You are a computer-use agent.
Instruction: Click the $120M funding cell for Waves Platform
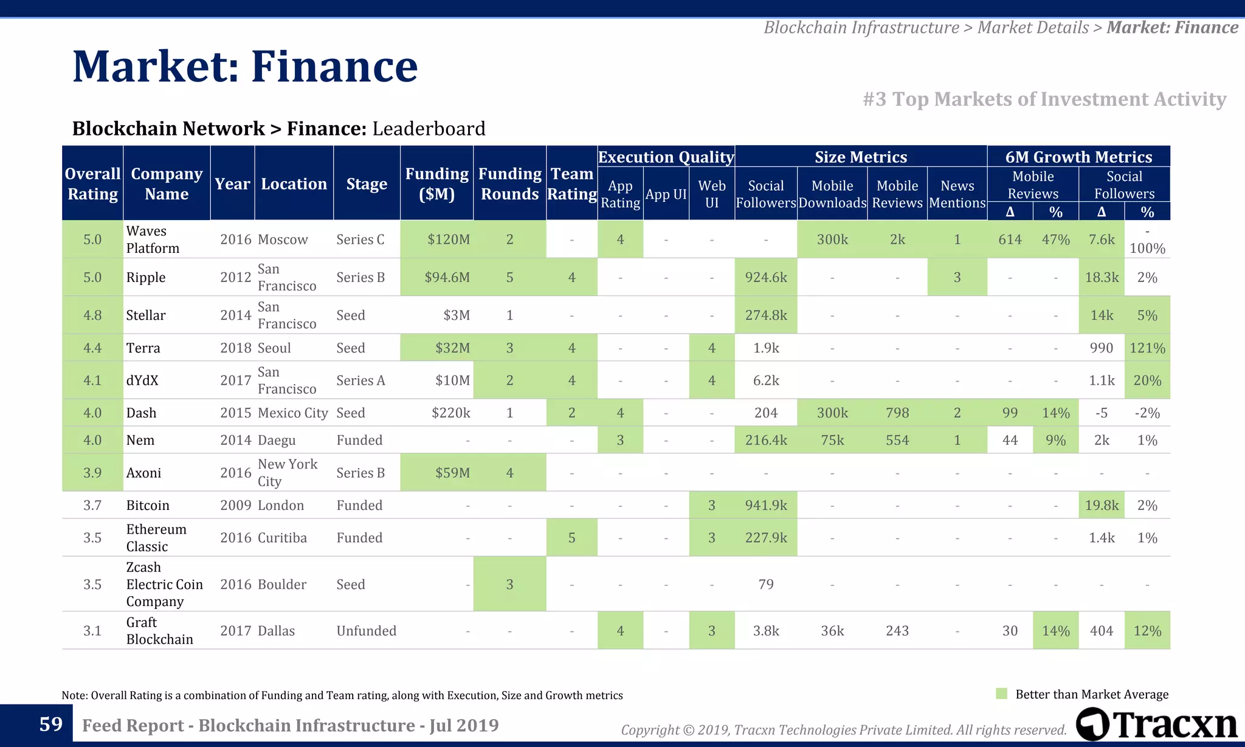(448, 239)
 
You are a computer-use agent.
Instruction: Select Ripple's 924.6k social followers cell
(766, 278)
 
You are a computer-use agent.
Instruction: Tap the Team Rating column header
(571, 184)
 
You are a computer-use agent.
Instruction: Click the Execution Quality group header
(666, 157)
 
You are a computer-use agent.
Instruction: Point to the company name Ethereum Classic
(156, 538)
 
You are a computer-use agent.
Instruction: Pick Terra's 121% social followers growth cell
(1147, 348)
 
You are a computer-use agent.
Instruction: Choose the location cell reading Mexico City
(292, 413)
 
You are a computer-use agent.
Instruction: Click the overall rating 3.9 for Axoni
(92, 473)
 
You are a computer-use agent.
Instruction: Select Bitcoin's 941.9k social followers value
(766, 506)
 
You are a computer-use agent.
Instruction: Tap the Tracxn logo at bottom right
(1157, 725)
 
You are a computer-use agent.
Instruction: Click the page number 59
(51, 724)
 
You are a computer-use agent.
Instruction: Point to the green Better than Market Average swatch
(1002, 694)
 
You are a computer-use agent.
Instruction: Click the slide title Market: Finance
(245, 66)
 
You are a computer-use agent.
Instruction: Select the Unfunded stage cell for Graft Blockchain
(366, 631)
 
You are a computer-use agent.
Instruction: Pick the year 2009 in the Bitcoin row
(235, 506)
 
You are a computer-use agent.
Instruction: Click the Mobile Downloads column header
(832, 194)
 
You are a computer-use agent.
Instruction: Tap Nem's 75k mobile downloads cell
(832, 441)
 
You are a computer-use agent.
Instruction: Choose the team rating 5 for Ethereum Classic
(571, 538)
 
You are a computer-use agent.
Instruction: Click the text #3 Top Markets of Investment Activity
(1044, 99)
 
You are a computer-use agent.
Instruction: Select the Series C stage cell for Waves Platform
(360, 239)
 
